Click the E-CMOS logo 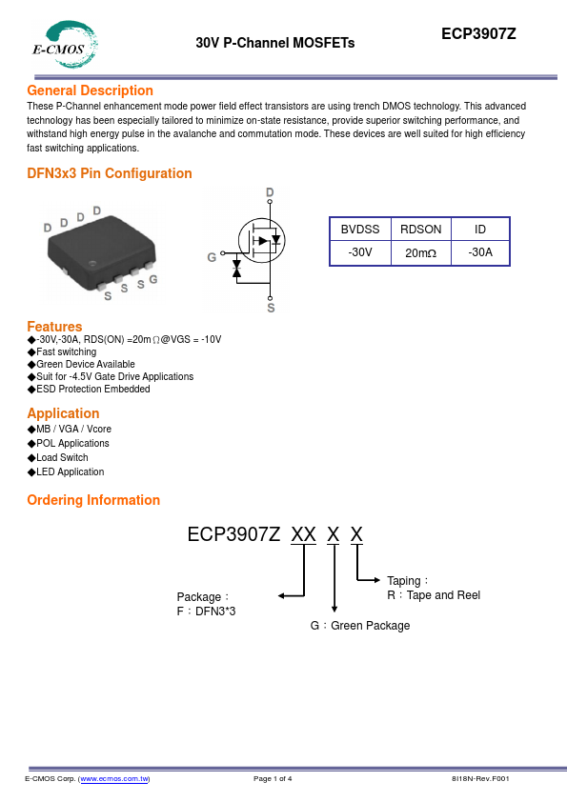(65, 45)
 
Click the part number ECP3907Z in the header (478, 33)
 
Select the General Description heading (91, 90)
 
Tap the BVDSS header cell (360, 230)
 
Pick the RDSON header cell (420, 230)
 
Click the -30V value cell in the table (360, 252)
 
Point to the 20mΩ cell (420, 252)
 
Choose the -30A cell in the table (480, 252)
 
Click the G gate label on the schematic (212, 257)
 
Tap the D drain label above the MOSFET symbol (270, 192)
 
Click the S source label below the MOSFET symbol (271, 308)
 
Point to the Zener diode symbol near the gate (236, 269)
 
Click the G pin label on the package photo (153, 279)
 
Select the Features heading (54, 327)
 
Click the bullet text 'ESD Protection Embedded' (93, 389)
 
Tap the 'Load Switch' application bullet (62, 457)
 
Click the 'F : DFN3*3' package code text (206, 612)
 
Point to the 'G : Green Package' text (360, 626)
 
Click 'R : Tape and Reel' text (434, 595)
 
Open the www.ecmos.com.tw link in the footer (114, 778)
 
